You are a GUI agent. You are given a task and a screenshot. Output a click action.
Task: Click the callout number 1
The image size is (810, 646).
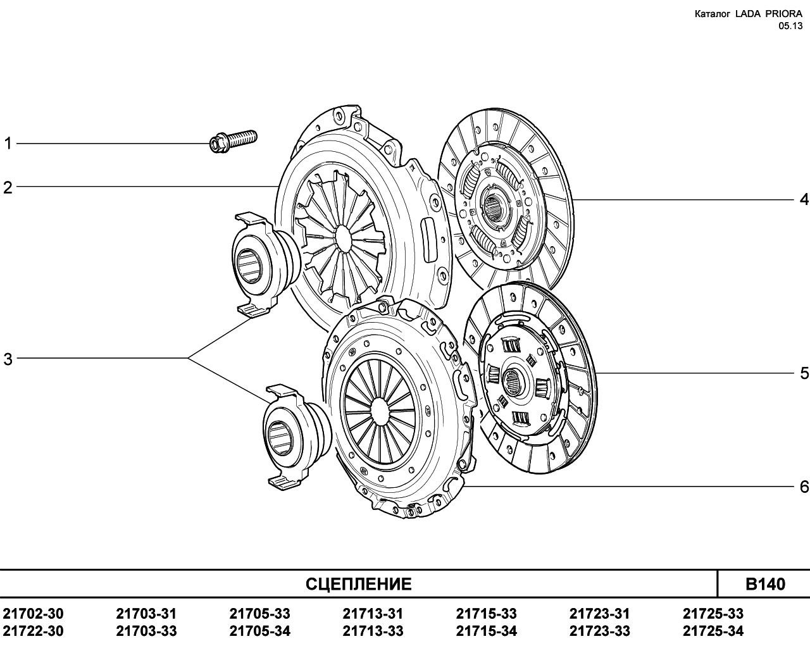(x=8, y=144)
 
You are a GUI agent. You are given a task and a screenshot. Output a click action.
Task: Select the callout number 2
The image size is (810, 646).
(x=8, y=187)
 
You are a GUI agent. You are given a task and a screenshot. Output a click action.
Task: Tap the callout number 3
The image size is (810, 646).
(x=8, y=359)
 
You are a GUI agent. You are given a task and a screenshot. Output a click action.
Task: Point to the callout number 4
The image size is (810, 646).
(x=804, y=199)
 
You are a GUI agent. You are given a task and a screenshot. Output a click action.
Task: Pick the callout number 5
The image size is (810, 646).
(x=804, y=373)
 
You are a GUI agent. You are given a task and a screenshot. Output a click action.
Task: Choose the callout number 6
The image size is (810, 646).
(x=804, y=487)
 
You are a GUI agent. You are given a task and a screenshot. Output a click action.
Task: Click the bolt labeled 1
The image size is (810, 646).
(x=233, y=141)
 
